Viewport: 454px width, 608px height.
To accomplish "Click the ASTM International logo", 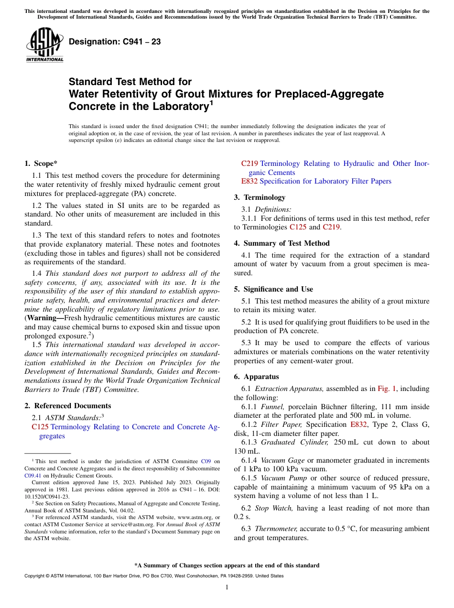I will (x=44, y=45).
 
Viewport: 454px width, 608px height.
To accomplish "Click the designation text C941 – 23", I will (x=115, y=42).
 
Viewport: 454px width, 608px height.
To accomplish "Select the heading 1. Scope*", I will (x=41, y=163).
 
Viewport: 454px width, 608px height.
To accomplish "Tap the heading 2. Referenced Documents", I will (x=67, y=406).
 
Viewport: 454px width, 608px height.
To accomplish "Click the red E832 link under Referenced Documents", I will (x=249, y=181).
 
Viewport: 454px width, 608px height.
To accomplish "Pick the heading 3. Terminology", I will (x=259, y=197).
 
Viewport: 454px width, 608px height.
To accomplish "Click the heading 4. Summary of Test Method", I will (x=281, y=243).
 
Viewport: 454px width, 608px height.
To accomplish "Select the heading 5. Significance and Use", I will (x=273, y=289).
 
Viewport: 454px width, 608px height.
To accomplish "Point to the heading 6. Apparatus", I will (x=256, y=377).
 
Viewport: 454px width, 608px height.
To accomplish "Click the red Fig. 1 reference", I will (x=387, y=389).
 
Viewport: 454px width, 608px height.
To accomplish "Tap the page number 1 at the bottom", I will (x=227, y=587).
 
